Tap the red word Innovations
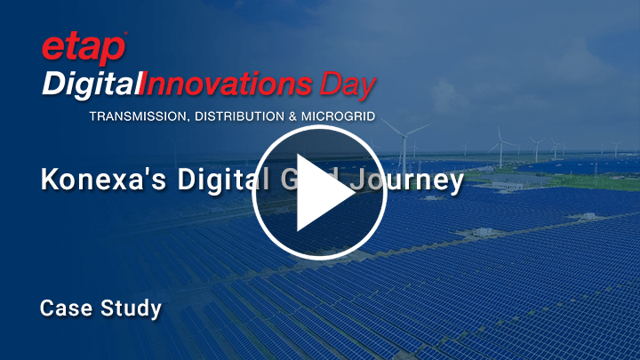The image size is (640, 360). point(230,86)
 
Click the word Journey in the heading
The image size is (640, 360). point(418,180)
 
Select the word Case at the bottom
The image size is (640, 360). point(63,309)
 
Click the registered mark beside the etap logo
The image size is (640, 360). point(126,35)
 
